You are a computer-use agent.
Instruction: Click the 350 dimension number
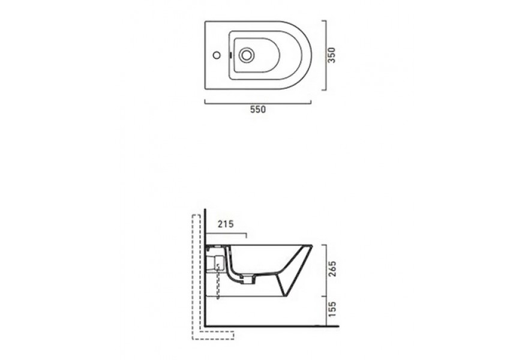tap(332, 55)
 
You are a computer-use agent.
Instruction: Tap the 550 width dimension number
tap(258, 110)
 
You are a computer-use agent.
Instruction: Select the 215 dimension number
tap(226, 224)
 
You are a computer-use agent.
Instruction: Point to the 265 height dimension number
tap(332, 268)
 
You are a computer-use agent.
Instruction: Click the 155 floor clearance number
tap(332, 310)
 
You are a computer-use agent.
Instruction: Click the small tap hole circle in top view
tap(217, 55)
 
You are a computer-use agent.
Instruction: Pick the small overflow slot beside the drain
tap(230, 55)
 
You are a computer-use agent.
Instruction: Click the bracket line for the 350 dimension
tap(326, 56)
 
